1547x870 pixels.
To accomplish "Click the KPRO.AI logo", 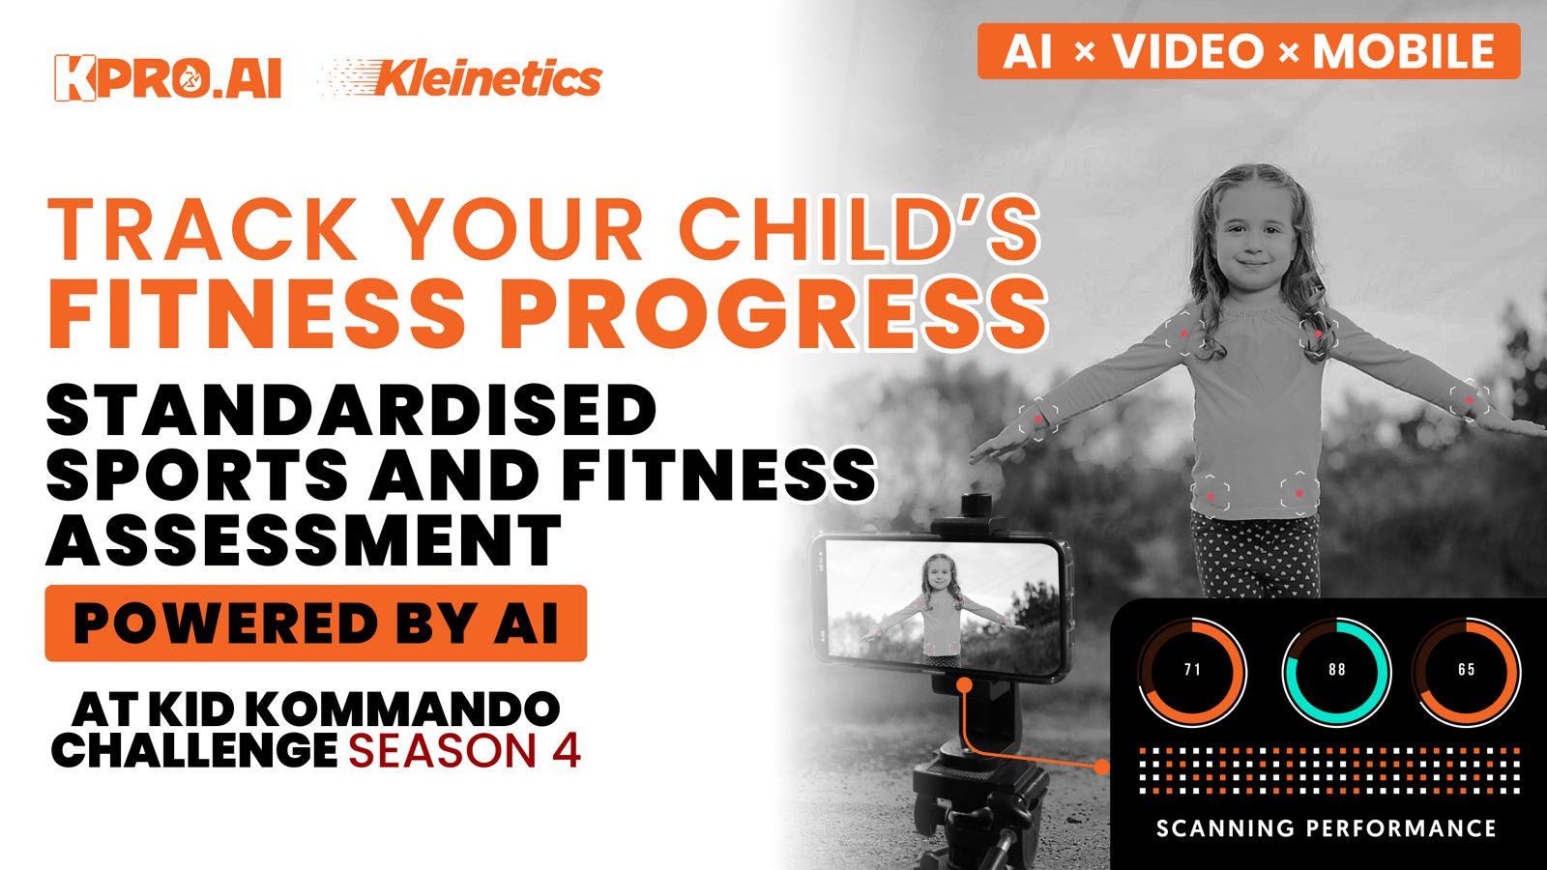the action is click(168, 78).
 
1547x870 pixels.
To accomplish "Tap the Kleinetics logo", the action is click(461, 78).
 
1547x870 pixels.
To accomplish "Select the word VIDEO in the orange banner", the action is click(1188, 51).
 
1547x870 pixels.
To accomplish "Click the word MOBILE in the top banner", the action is click(1403, 51).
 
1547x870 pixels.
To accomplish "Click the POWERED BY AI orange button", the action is click(315, 623).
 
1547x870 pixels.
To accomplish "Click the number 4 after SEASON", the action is click(567, 750).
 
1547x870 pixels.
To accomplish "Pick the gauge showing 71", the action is click(1191, 672).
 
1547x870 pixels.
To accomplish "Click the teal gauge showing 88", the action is click(1336, 672).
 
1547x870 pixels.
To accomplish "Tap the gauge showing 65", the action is click(1466, 672).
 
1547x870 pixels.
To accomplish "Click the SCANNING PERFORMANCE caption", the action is click(1327, 827).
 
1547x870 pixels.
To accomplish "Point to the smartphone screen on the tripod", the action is click(943, 608).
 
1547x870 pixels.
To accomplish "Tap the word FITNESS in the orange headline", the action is click(256, 314).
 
